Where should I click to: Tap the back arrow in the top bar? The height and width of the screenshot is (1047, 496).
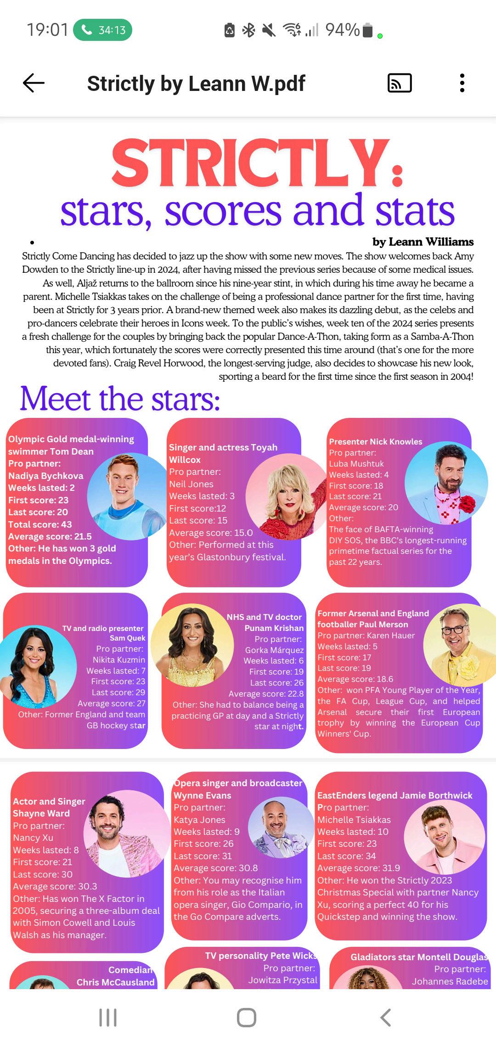pos(34,83)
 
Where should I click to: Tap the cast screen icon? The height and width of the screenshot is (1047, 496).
pos(400,83)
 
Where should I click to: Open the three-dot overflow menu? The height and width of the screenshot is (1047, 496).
pos(462,83)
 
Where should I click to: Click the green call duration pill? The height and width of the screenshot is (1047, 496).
pos(102,30)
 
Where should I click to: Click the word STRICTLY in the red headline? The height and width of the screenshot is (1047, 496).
pos(250,163)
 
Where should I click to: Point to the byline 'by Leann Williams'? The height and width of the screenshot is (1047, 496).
pos(423,242)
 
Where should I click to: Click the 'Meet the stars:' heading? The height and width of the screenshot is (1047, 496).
pos(120,399)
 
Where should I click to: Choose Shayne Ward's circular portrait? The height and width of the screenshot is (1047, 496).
pos(123,830)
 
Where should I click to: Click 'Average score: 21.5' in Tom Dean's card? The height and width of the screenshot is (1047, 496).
pos(50,536)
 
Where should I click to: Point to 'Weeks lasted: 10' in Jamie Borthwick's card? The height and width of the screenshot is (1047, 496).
pos(353,832)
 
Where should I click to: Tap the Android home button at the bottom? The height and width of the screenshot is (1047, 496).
pos(247,1017)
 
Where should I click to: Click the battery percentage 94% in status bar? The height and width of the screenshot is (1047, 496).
pos(342,30)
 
